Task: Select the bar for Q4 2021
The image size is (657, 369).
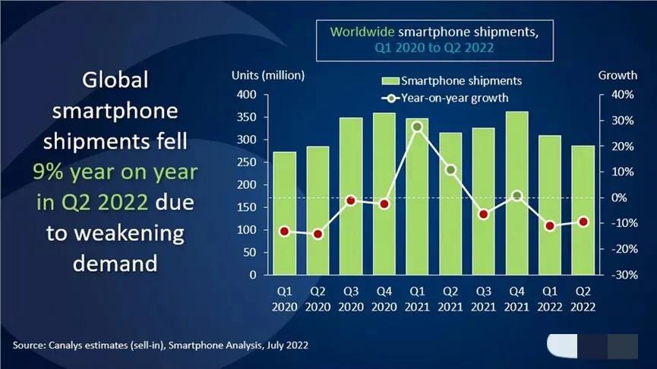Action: (x=516, y=194)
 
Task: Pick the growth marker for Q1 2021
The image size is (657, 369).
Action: (x=417, y=127)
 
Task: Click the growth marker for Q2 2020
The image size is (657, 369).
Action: (x=317, y=234)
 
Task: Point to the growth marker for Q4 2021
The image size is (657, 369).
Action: (x=516, y=196)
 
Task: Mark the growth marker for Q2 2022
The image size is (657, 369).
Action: (x=583, y=222)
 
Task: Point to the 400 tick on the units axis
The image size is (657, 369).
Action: (x=248, y=95)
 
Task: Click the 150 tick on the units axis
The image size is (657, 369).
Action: (x=248, y=207)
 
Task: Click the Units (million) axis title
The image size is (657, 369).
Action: (x=268, y=74)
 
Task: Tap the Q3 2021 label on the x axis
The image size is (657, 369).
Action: (x=484, y=298)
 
